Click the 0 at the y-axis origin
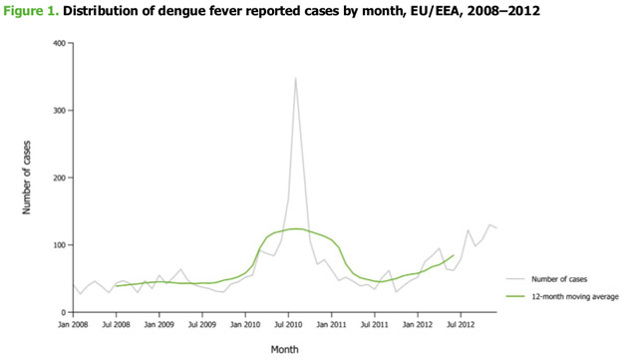[63, 312]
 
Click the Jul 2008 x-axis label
[118, 324]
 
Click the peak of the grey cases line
[295, 78]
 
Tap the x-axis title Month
[284, 349]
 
